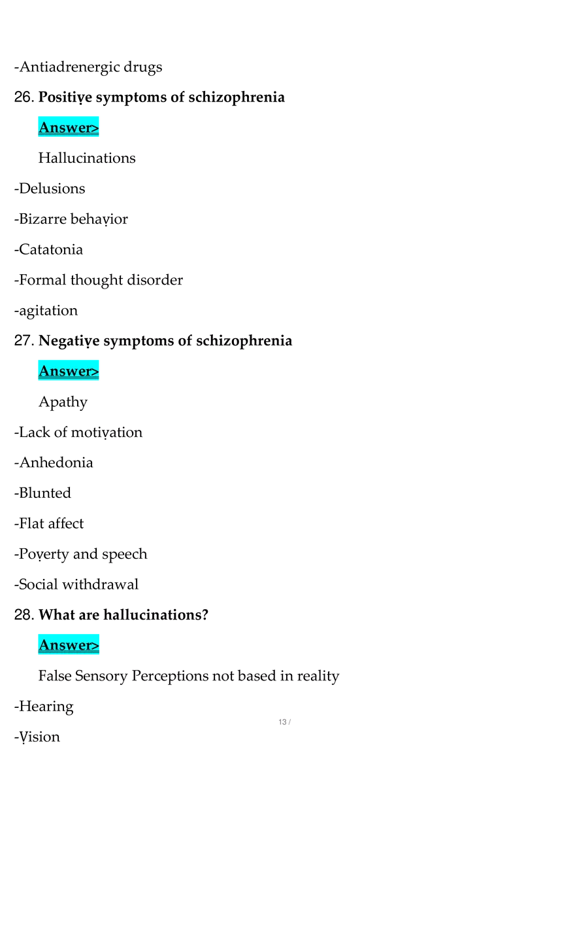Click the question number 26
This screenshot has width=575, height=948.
point(24,97)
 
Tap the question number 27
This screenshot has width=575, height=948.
point(24,341)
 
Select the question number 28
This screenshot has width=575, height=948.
point(24,614)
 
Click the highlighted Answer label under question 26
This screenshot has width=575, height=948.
point(69,127)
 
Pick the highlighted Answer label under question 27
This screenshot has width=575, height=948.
point(69,370)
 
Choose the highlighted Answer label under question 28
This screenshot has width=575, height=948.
point(69,644)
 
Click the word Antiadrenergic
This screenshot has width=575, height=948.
point(69,67)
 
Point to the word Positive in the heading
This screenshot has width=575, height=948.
point(65,97)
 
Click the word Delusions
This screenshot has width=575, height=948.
point(52,188)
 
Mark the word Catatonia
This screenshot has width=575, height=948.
point(51,249)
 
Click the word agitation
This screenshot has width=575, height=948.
point(48,311)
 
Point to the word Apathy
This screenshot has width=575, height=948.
point(63,402)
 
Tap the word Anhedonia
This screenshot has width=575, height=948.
point(56,462)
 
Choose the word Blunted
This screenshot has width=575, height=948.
point(45,493)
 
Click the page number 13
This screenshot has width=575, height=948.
point(282,722)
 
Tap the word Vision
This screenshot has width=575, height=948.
point(40,737)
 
